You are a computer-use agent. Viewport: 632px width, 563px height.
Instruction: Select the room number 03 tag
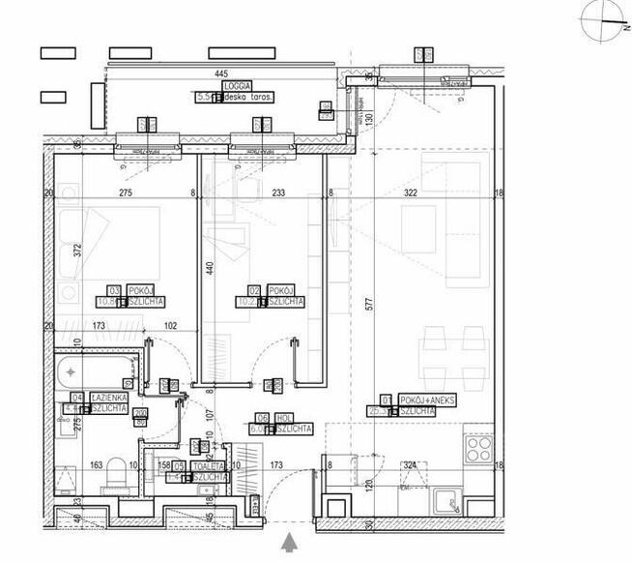(114, 290)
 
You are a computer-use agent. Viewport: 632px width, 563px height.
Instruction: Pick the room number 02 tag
(255, 290)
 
